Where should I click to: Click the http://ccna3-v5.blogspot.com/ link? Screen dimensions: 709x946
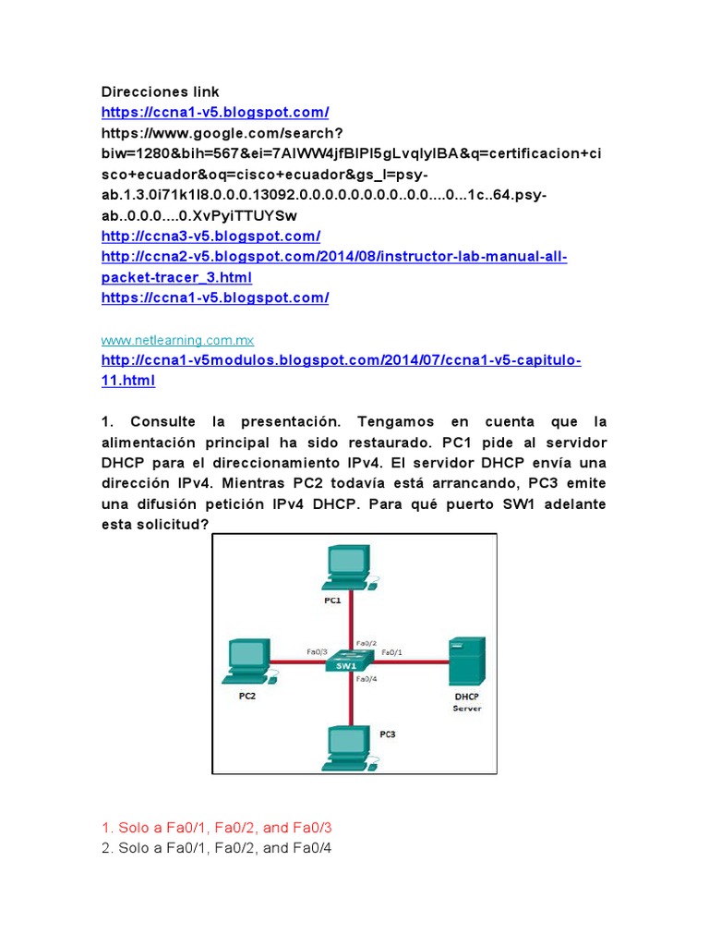[x=210, y=236]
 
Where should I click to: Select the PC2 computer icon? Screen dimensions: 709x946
[x=247, y=658]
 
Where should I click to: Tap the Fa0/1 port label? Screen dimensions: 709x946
[x=392, y=650]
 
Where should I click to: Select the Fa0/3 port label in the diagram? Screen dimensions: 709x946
[x=317, y=650]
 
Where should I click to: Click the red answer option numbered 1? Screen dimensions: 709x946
[x=216, y=828]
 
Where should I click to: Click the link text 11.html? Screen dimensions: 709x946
[x=127, y=380]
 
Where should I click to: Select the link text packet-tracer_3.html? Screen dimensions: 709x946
[x=175, y=277]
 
